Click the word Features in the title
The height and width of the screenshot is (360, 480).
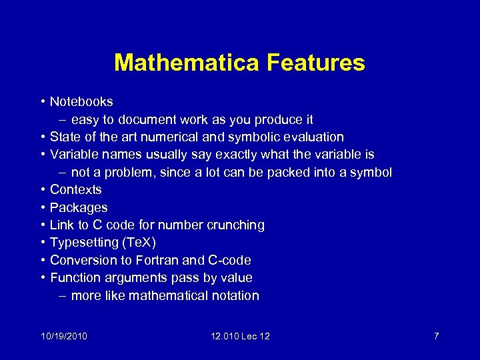click(316, 63)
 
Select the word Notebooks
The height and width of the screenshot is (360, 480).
click(81, 102)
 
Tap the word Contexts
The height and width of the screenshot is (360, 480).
click(76, 190)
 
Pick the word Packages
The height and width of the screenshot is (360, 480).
click(79, 207)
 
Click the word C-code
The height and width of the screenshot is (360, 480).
click(230, 260)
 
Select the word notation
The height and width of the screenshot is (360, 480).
click(233, 295)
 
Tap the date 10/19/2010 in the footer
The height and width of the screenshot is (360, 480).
click(63, 336)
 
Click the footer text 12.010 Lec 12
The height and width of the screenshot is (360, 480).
click(239, 336)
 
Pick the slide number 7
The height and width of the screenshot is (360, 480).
click(436, 336)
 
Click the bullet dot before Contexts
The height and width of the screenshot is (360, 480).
click(42, 190)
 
